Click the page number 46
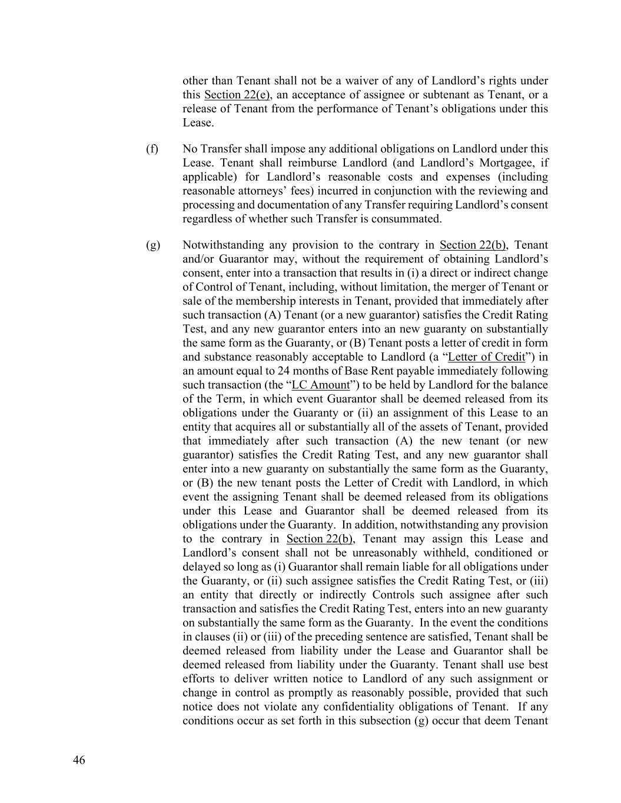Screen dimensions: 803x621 pos(79,761)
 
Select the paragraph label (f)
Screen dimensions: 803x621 pos(152,149)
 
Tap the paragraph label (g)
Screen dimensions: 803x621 pos(152,245)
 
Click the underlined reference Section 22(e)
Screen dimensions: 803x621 pos(237,95)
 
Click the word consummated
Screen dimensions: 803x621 pos(411,219)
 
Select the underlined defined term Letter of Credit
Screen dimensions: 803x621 pos(486,357)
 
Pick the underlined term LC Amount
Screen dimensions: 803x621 pos(320,385)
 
